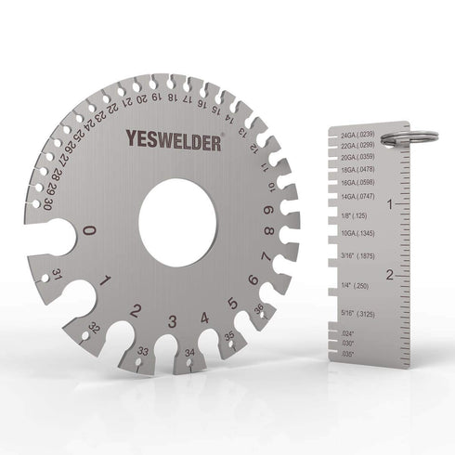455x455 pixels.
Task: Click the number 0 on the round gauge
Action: coord(89,231)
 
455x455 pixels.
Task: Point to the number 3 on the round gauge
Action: coord(173,322)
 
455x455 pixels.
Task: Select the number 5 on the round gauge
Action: coord(232,304)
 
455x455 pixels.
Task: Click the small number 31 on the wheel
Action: coord(57,274)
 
